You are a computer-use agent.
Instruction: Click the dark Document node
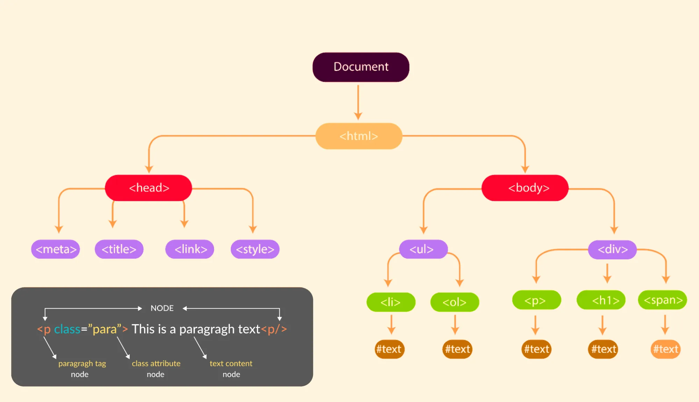click(361, 67)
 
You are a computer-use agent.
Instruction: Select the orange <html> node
click(359, 136)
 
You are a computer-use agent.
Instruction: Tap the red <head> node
click(149, 188)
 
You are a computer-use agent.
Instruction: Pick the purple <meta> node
click(56, 249)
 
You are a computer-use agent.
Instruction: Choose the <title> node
click(119, 249)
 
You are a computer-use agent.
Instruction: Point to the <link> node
click(190, 249)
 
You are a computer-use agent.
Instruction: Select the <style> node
click(255, 249)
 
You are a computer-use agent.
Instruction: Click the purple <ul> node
click(423, 249)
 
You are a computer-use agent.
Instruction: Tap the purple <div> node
click(612, 250)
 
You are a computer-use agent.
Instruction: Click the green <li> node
click(391, 302)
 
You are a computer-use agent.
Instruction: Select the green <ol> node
click(455, 302)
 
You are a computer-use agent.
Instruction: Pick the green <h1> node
click(601, 300)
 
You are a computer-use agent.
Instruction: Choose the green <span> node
click(663, 300)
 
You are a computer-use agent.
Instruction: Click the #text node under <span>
click(666, 349)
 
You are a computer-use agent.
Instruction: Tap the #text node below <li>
click(390, 349)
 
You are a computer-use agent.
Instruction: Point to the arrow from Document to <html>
click(358, 102)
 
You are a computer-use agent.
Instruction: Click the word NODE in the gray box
click(162, 308)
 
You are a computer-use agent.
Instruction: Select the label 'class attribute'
click(156, 364)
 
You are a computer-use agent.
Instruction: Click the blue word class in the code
click(67, 329)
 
